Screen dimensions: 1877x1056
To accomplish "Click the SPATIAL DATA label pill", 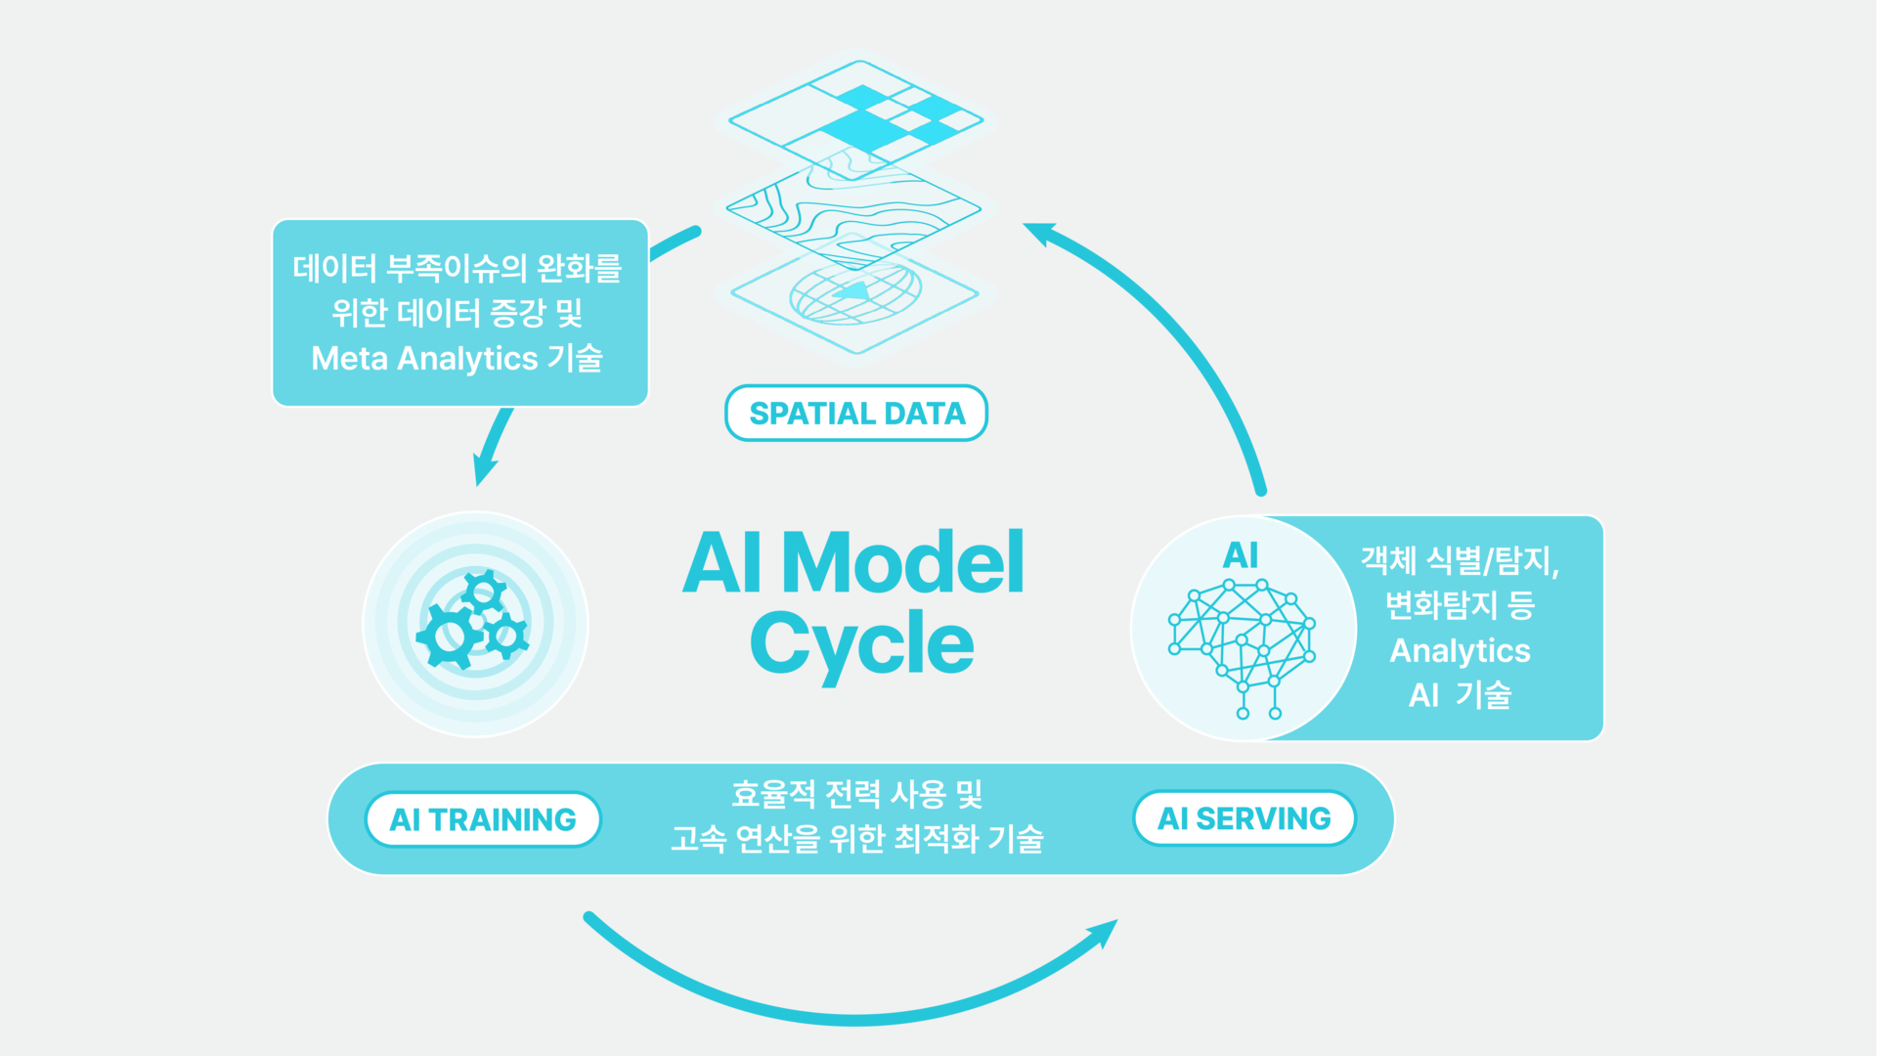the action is tap(856, 413).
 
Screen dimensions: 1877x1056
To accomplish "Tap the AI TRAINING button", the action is tap(483, 819).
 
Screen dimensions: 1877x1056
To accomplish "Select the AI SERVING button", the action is tap(1244, 818).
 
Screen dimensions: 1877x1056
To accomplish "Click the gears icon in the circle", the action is tap(473, 620).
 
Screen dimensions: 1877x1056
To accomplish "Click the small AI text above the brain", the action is tap(1241, 555).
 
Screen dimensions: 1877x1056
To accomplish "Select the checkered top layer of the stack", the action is tap(856, 119).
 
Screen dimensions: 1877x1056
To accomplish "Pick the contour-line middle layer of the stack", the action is tap(853, 209).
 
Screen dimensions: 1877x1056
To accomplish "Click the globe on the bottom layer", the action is tap(855, 292).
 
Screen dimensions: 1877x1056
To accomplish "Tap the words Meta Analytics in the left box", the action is tap(424, 359).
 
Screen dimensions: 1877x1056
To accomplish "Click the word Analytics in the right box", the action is tap(1461, 651).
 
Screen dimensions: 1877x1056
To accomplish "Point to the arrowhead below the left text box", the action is tap(484, 468).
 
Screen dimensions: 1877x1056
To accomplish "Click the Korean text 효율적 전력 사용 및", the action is tap(856, 794).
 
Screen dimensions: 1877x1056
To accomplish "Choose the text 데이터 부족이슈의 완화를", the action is tap(458, 268).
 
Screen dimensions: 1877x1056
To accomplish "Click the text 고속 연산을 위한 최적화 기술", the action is tap(857, 839).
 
